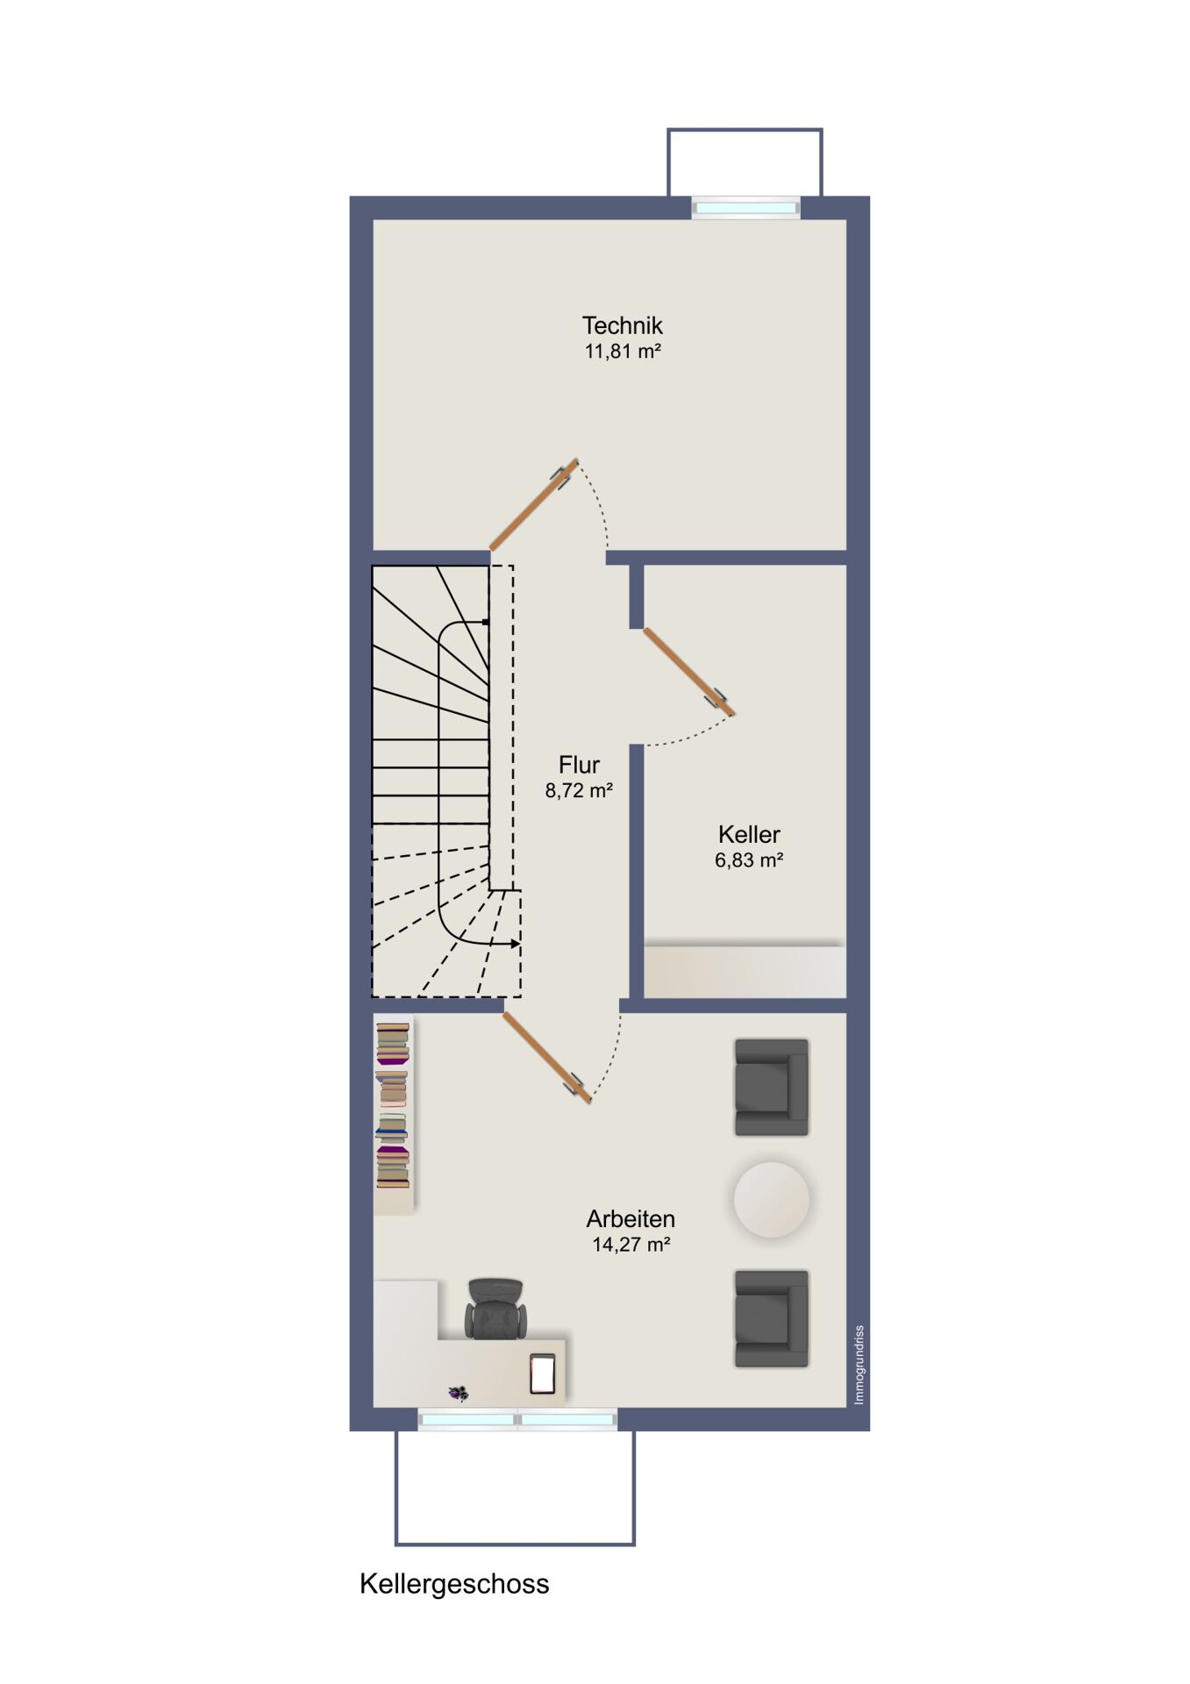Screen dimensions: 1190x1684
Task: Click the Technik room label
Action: (622, 325)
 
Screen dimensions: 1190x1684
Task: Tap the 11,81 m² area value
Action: (622, 352)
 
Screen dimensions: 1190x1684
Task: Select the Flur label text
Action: (579, 765)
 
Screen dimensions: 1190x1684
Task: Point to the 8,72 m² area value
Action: (579, 790)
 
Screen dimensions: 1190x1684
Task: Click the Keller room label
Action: (749, 834)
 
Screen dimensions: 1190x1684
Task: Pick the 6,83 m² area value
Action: (749, 860)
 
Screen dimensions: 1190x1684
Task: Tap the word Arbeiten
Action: (631, 1219)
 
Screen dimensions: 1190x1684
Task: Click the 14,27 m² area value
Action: (631, 1245)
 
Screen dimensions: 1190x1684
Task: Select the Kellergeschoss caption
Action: (454, 1584)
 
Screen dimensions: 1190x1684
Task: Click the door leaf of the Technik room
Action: (533, 505)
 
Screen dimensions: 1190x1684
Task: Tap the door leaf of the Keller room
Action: (688, 671)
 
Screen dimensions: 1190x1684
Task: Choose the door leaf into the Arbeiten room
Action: (547, 1058)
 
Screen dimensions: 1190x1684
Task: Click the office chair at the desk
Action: (495, 1308)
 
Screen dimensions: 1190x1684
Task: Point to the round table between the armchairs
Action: (772, 1200)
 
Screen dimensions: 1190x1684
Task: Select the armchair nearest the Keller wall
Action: (771, 1088)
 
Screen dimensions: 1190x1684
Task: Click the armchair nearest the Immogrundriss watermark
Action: (771, 1318)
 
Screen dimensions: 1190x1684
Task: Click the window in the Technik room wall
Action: (746, 208)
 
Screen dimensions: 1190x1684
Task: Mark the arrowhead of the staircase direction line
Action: (515, 945)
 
